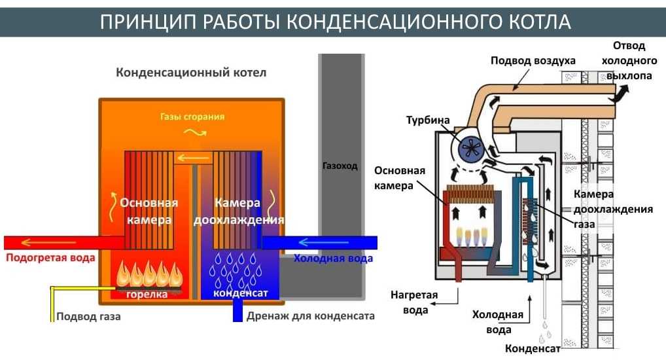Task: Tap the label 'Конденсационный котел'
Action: pos(191,73)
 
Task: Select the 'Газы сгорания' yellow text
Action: pos(192,117)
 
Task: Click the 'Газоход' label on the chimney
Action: pos(340,166)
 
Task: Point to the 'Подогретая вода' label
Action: pos(50,258)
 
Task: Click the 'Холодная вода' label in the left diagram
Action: pos(333,259)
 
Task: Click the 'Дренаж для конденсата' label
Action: pos(311,316)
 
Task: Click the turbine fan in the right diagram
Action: pos(471,149)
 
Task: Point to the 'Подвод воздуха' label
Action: pos(533,61)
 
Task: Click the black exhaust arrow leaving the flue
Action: pos(618,96)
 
